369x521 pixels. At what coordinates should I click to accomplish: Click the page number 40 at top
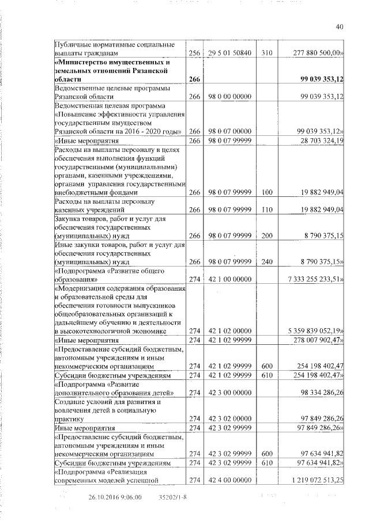(339, 25)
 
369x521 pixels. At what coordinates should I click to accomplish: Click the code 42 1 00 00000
(228, 279)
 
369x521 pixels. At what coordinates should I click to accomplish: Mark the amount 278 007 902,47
(319, 340)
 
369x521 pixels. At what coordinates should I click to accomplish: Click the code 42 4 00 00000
(228, 480)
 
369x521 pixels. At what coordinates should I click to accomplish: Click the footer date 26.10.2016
(105, 497)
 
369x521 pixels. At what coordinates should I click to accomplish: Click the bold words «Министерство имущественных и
(112, 62)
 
